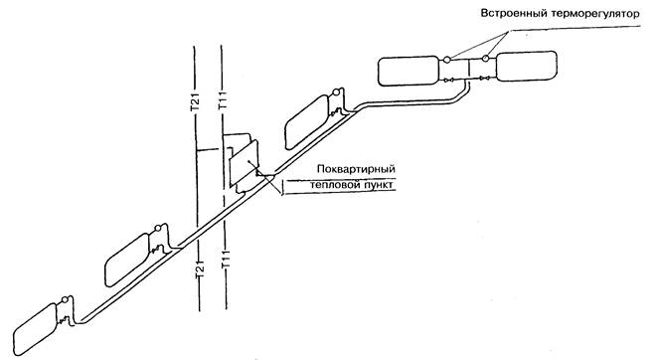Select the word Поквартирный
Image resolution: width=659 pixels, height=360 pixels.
pyautogui.click(x=357, y=169)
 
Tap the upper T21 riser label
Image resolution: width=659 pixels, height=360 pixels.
pyautogui.click(x=196, y=102)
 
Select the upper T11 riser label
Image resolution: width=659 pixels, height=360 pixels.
pyautogui.click(x=223, y=100)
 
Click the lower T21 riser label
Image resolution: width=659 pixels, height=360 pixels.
pyautogui.click(x=199, y=269)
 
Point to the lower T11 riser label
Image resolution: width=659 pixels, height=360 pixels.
pyautogui.click(x=226, y=260)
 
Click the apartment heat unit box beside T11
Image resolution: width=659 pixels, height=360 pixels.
pyautogui.click(x=245, y=164)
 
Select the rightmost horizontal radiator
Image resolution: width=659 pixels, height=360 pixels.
pyautogui.click(x=527, y=66)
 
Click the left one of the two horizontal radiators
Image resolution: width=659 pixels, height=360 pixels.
pyautogui.click(x=409, y=71)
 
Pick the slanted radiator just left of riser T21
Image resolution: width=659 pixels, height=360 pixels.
pyautogui.click(x=127, y=260)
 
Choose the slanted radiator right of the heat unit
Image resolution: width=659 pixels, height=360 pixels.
pyautogui.click(x=307, y=122)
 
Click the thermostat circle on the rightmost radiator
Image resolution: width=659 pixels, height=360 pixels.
pyautogui.click(x=485, y=58)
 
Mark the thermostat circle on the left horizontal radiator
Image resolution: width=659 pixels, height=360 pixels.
pyautogui.click(x=446, y=60)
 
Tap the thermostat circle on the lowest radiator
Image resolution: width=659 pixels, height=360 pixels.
pyautogui.click(x=65, y=300)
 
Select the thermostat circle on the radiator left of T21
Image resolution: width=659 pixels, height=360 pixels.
pyautogui.click(x=158, y=229)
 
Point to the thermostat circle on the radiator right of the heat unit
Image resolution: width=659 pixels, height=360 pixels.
pyautogui.click(x=336, y=92)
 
